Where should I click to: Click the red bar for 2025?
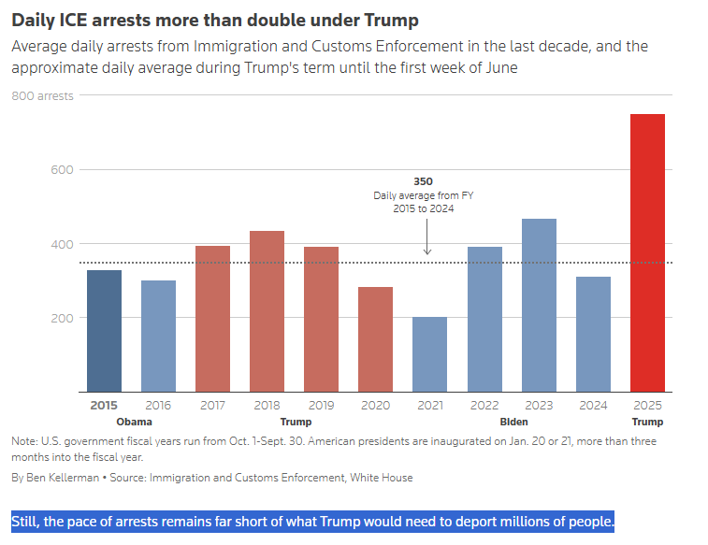(647, 252)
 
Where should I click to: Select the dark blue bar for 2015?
(104, 331)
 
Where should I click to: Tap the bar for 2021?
(430, 354)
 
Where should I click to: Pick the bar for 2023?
(539, 305)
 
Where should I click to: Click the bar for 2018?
(267, 311)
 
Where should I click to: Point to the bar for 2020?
(375, 339)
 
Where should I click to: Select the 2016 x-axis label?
(158, 406)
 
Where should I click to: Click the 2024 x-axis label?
(593, 406)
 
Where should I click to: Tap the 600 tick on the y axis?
(62, 169)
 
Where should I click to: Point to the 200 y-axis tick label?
(62, 318)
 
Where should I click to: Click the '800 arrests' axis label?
(42, 95)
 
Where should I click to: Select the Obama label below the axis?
(134, 422)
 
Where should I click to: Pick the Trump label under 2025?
(647, 422)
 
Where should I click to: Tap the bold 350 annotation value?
(423, 180)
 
